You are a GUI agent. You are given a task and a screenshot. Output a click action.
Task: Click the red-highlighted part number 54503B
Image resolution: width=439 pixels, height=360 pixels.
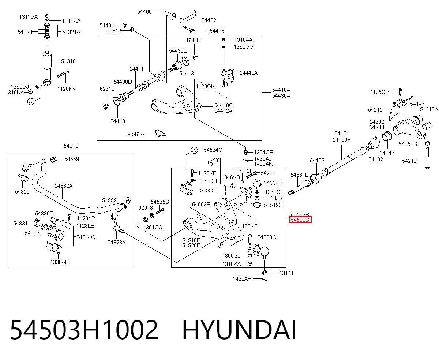[300, 220]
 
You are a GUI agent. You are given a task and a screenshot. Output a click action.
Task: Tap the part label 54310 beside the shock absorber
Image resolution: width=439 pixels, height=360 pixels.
[68, 61]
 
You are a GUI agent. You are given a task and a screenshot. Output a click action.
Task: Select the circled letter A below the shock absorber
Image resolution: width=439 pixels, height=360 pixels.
[31, 102]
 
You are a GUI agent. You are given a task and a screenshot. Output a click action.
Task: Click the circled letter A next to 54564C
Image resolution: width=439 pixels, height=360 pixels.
[194, 150]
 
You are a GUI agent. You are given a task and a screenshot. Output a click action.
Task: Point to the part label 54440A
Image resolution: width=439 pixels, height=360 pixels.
[248, 73]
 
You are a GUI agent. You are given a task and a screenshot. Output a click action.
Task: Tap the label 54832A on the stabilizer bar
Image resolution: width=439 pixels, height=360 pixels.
[64, 185]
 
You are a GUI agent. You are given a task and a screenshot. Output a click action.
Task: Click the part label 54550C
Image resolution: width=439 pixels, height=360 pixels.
[267, 237]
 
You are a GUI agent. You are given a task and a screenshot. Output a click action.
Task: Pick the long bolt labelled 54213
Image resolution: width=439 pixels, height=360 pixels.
[428, 158]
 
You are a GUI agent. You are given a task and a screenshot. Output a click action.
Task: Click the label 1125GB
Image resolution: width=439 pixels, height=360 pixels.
[380, 92]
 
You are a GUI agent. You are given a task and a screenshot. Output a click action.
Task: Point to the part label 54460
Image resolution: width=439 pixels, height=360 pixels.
[145, 11]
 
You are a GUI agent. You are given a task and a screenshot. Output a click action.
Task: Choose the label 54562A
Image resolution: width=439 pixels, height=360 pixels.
[135, 134]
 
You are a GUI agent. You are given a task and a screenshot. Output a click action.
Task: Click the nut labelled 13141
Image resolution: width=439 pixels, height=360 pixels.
[265, 273]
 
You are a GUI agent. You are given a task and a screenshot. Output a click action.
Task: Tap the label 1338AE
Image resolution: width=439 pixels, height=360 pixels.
[59, 262]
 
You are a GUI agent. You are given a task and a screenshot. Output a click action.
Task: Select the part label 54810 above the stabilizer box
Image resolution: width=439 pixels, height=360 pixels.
[71, 146]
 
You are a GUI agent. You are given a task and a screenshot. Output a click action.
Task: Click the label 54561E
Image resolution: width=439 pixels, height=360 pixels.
[299, 175]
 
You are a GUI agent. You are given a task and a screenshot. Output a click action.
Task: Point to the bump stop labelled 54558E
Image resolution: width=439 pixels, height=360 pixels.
[257, 183]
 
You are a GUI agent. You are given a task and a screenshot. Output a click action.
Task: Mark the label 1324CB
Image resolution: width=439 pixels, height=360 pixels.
[263, 153]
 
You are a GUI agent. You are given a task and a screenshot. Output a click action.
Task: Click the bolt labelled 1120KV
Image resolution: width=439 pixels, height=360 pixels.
[63, 74]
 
